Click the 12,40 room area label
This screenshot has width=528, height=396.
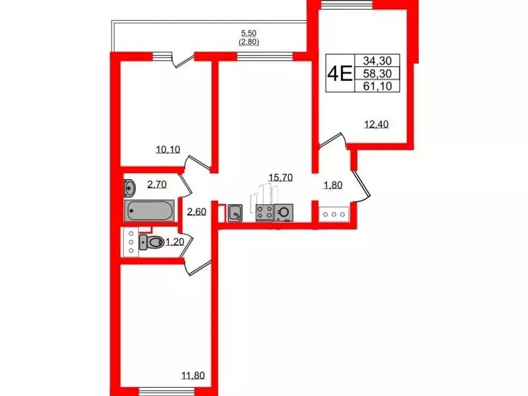377,123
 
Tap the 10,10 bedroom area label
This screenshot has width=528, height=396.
168,149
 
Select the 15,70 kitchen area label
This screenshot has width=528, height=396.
280,177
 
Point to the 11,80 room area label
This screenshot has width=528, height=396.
194,375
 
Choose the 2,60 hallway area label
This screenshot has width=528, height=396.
197,212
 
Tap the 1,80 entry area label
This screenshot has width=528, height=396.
333,186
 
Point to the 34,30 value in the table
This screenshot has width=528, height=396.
381,60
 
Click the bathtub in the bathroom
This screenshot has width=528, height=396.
149,210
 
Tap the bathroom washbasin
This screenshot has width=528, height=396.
130,188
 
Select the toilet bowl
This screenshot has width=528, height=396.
154,242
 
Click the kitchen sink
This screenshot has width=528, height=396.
235,212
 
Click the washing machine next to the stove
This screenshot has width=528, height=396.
283,212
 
